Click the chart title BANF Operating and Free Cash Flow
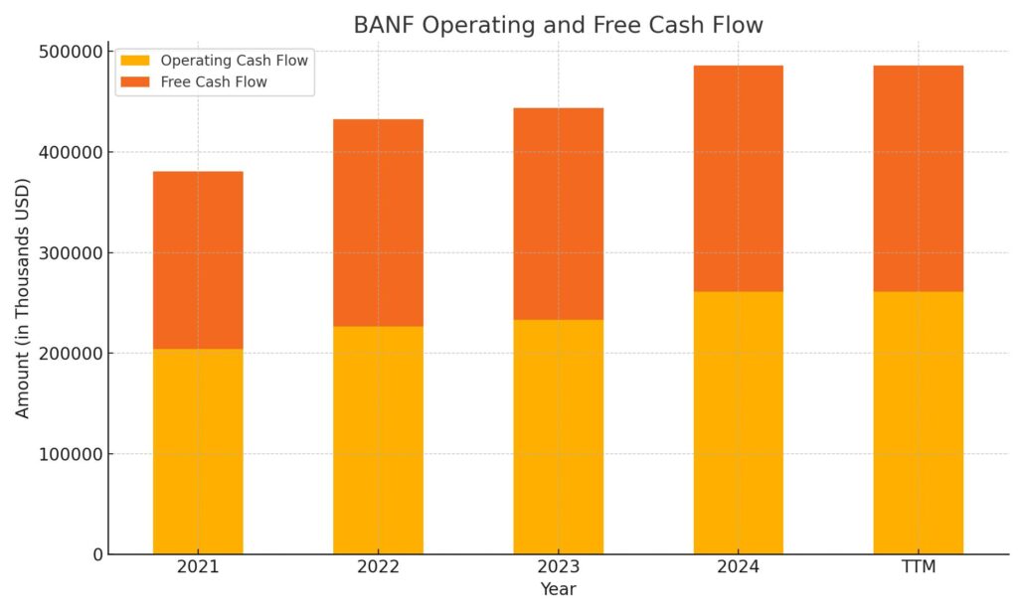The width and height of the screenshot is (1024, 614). click(558, 25)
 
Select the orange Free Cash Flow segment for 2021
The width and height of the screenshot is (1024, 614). click(198, 260)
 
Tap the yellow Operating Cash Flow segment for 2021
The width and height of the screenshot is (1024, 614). click(198, 451)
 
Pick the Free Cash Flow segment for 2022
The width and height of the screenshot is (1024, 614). click(378, 223)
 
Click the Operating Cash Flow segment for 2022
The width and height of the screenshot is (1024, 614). click(378, 439)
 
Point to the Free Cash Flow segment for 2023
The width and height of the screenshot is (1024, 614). click(558, 214)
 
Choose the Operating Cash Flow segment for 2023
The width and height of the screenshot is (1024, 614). click(558, 436)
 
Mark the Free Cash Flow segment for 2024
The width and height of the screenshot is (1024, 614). click(738, 179)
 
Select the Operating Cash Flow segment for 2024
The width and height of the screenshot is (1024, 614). click(738, 422)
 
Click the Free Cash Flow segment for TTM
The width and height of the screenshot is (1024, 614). click(918, 179)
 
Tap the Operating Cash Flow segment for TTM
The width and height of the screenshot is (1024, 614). click(918, 422)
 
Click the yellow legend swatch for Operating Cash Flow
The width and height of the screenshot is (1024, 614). click(135, 61)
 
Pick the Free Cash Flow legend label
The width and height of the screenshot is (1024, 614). click(214, 82)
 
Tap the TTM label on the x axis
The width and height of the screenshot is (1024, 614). click(918, 567)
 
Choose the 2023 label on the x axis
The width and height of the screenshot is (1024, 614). click(558, 567)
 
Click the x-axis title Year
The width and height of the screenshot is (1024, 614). click(558, 590)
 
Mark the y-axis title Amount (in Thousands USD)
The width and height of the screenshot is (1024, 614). click(23, 298)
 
